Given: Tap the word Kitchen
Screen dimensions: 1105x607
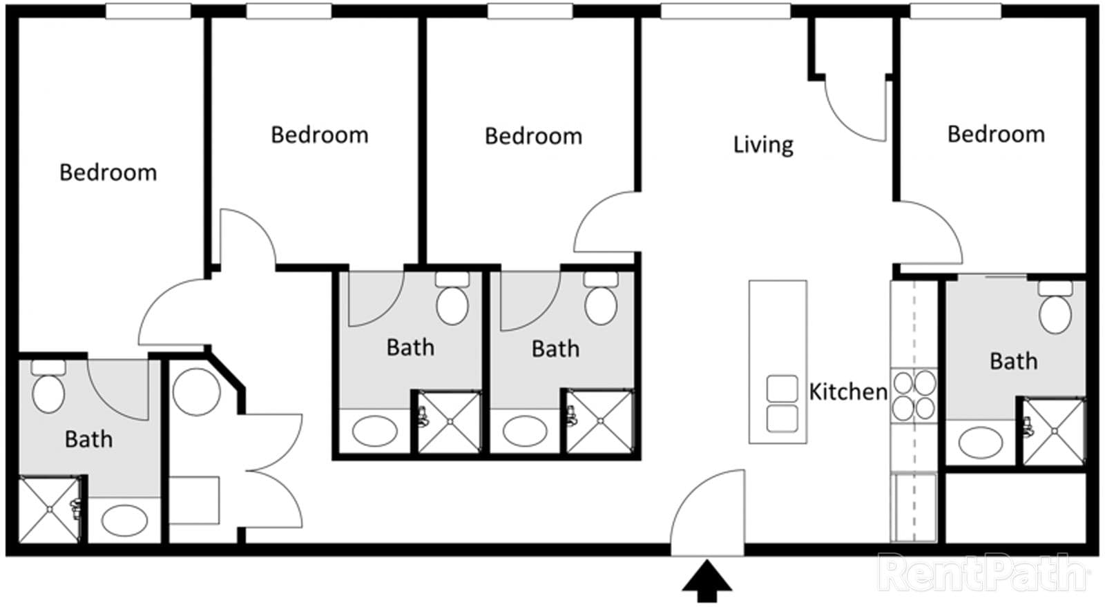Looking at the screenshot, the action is click(x=848, y=392).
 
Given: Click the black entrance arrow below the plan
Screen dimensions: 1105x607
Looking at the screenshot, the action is click(x=707, y=581).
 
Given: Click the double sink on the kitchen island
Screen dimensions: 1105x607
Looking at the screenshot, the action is click(x=782, y=403).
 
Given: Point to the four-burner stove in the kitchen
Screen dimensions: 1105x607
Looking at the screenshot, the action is click(x=914, y=395).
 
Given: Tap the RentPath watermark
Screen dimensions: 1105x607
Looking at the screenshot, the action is click(x=983, y=572).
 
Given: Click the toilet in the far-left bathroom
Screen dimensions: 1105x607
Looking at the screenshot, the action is click(x=48, y=387).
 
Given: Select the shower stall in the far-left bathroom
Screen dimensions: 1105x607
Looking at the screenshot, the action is click(x=49, y=510).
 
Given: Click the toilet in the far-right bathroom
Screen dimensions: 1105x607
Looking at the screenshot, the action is click(x=1055, y=308).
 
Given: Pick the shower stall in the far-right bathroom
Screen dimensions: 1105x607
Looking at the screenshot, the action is click(x=1054, y=432).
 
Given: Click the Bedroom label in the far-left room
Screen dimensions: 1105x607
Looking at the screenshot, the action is click(x=108, y=173).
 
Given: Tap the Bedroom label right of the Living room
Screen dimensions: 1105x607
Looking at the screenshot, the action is click(x=996, y=134).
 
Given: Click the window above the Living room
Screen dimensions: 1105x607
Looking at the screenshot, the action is click(x=726, y=11).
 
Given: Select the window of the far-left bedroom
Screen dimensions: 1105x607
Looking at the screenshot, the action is click(x=148, y=11).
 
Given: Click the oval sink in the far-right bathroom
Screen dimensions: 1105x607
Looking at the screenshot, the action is click(x=980, y=443).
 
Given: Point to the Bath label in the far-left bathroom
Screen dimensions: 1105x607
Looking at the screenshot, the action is click(x=89, y=439).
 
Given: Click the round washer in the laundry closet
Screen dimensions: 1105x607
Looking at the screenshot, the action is click(x=196, y=392).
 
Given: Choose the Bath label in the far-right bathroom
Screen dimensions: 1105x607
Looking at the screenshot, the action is click(x=1014, y=361).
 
